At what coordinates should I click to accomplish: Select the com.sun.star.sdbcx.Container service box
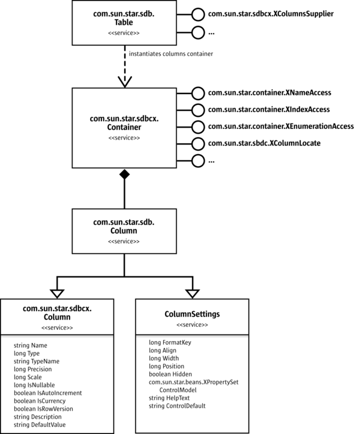124,127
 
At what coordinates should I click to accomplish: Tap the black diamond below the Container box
124,174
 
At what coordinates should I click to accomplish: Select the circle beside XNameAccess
198,93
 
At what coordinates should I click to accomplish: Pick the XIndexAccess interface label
269,110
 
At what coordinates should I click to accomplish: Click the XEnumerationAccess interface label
280,126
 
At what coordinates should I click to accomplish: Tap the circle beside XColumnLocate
198,144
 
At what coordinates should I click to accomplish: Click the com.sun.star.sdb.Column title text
124,226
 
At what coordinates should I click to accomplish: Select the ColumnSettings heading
192,314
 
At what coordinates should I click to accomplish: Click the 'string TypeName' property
36,361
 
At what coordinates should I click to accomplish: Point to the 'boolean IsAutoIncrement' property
47,393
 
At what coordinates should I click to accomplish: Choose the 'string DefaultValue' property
40,424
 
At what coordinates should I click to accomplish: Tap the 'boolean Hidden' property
170,374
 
